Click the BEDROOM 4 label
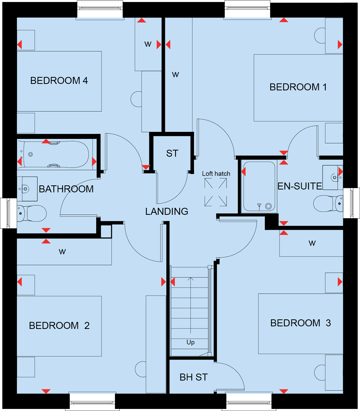tap(59, 81)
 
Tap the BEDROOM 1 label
tap(298, 87)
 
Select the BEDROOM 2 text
tap(59, 326)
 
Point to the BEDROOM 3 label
tap(300, 323)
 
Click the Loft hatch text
tap(216, 174)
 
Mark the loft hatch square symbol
tap(216, 192)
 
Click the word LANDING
tap(167, 211)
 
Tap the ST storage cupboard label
tap(172, 154)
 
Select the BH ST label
tap(194, 377)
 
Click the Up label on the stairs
tap(191, 342)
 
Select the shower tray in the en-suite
tap(259, 186)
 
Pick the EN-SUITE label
tap(300, 186)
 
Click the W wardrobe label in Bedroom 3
tap(312, 243)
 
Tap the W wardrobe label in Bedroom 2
tap(62, 252)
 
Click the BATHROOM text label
tap(66, 189)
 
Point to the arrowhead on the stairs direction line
tap(191, 279)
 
